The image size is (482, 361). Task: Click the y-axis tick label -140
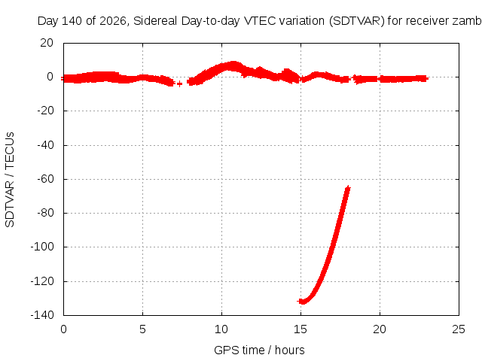[x=42, y=314]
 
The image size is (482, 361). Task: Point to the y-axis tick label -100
[x=42, y=247]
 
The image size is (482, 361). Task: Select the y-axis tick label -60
[x=45, y=179]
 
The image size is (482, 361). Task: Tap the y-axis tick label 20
[x=47, y=43]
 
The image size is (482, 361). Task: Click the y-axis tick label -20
[x=45, y=111]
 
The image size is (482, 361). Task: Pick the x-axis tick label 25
[x=459, y=329]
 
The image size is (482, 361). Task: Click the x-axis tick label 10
[x=221, y=329]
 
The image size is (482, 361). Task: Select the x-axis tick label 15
[x=300, y=329]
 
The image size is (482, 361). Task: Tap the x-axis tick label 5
[x=142, y=329]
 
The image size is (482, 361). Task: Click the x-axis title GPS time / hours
[x=259, y=350]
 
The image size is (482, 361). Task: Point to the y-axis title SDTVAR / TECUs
[x=10, y=180]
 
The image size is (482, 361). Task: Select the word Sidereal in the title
[x=155, y=21]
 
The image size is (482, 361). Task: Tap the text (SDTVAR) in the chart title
[x=357, y=21]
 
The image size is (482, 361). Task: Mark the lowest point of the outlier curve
[x=303, y=302]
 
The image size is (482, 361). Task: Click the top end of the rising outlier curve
[x=348, y=187]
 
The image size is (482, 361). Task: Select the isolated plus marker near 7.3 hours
[x=179, y=83]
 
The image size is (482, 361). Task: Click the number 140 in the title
[x=72, y=21]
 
